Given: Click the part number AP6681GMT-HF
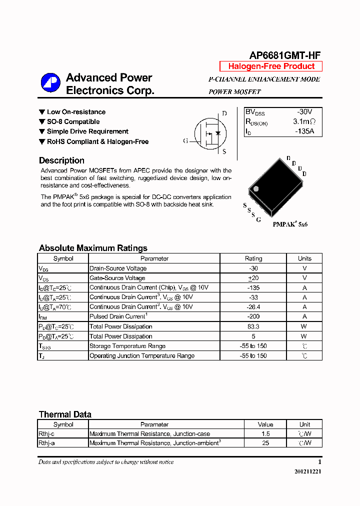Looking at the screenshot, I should coord(285,55).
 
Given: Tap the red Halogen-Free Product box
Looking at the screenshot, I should coord(271,66).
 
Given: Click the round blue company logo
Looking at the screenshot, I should coord(50,83).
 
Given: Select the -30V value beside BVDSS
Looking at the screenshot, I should coord(304,112).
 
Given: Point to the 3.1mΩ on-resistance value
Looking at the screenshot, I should coord(304,122).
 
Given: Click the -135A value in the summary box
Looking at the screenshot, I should coord(304,131).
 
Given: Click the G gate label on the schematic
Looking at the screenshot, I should coord(185,141).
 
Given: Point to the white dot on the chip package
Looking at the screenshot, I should coord(256,189).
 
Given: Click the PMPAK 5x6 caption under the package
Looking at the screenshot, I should coord(290,224).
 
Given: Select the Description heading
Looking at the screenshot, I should coord(61,160).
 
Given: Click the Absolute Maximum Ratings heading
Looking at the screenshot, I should coord(93,248).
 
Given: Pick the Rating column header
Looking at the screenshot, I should coord(253,258).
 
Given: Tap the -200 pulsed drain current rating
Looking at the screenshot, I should coord(253,316).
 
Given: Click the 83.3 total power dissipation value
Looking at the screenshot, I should coord(253,326).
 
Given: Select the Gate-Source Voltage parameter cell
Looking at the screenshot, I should coord(117,278).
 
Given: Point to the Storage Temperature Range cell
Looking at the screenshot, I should coord(127,346).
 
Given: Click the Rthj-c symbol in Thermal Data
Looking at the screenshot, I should coord(46,434).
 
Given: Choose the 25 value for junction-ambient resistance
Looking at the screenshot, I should coord(265,443).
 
